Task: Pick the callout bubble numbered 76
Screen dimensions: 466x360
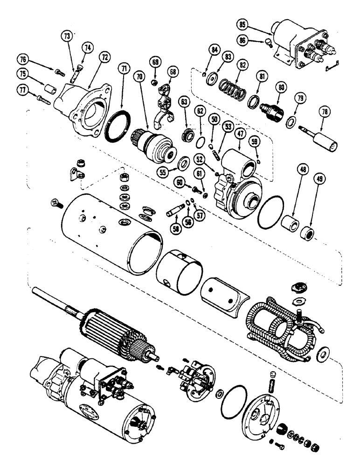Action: coord(22,58)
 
